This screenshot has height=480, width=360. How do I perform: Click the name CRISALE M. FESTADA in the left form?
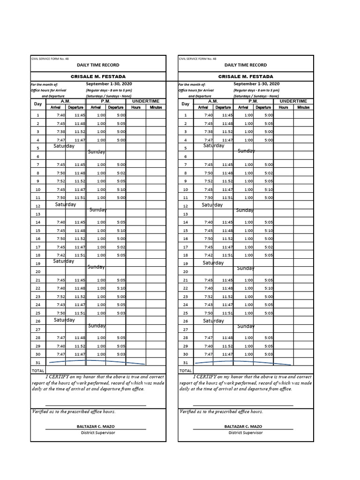[98, 76]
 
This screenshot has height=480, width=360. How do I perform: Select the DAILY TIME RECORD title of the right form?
[246, 65]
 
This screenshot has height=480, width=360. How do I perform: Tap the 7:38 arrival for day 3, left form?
[61, 132]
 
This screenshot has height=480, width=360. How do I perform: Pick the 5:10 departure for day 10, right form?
[269, 189]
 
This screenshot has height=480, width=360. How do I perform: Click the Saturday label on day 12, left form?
[65, 204]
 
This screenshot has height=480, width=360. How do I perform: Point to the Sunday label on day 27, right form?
[246, 326]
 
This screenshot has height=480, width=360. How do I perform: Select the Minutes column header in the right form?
[303, 107]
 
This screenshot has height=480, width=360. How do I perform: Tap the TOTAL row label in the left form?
[38, 371]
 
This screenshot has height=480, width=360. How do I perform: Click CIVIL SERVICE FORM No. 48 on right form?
[198, 59]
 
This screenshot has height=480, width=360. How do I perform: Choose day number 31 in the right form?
[186, 363]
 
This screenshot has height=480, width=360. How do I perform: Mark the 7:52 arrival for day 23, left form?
[61, 297]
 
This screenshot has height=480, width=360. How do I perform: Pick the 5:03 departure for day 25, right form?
[269, 313]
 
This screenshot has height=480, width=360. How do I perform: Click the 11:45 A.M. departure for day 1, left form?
[80, 115]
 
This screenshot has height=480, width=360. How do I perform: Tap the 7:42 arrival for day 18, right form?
[209, 255]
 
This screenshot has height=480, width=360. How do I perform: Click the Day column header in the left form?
[37, 104]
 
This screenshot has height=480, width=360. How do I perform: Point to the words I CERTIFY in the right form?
[206, 377]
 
